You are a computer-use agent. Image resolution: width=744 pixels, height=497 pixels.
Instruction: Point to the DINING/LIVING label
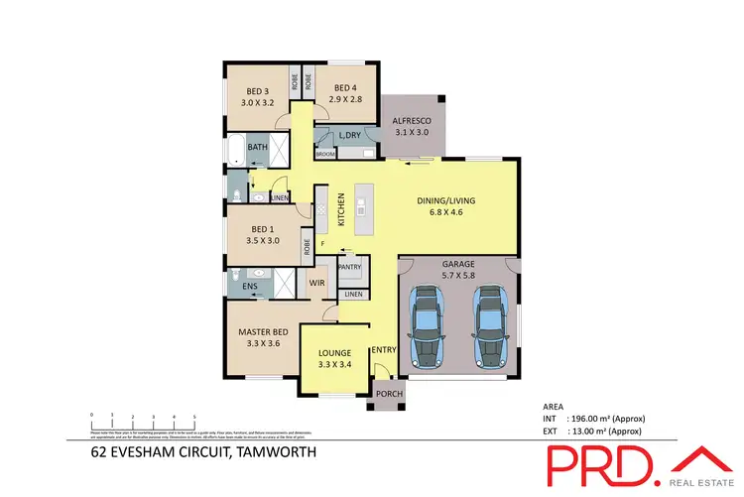click(444, 198)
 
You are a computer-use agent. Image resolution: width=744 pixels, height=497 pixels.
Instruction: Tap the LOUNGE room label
click(335, 353)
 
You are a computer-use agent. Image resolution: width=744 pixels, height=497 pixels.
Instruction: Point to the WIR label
click(317, 284)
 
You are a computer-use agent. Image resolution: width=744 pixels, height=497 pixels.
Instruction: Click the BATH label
click(258, 148)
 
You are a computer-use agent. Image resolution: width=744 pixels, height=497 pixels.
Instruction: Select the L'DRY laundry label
click(348, 136)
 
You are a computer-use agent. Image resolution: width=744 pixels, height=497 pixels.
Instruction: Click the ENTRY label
click(384, 350)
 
